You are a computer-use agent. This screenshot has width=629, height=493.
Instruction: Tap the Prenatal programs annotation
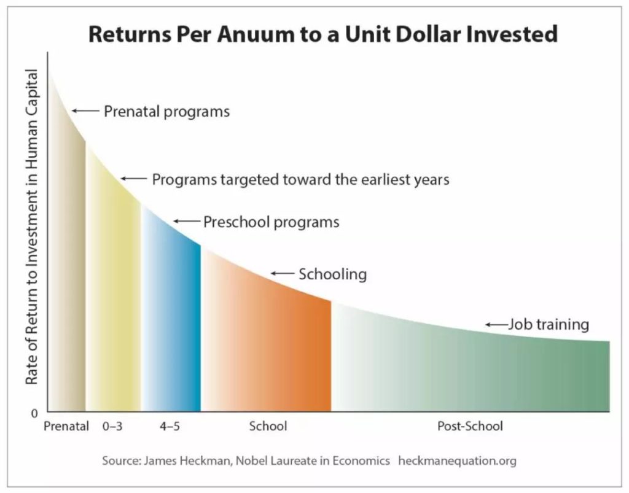point(167,111)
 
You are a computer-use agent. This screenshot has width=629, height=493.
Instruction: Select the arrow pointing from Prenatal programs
point(85,111)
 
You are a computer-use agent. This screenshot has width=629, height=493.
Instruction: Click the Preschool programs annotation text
point(271,222)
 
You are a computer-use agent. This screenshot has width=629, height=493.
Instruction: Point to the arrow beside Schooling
point(283,273)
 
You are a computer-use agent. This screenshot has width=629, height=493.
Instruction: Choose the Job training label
point(549,324)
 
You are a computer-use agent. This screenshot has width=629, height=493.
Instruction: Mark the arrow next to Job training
point(496,324)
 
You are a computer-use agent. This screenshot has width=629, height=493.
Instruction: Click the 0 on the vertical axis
point(34,413)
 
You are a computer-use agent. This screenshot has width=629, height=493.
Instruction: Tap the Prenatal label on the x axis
point(66,425)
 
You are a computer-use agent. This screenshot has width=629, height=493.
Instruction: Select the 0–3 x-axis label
point(112,425)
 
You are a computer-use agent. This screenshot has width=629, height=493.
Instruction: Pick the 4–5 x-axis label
point(170,425)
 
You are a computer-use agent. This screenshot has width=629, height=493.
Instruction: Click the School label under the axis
point(268,425)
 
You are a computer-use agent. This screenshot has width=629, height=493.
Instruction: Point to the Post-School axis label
point(470,425)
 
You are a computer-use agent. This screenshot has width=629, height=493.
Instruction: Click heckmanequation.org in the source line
point(457,461)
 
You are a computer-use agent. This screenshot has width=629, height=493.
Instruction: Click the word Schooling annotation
point(332,274)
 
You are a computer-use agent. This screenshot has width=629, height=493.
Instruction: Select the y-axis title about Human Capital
point(31,227)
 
